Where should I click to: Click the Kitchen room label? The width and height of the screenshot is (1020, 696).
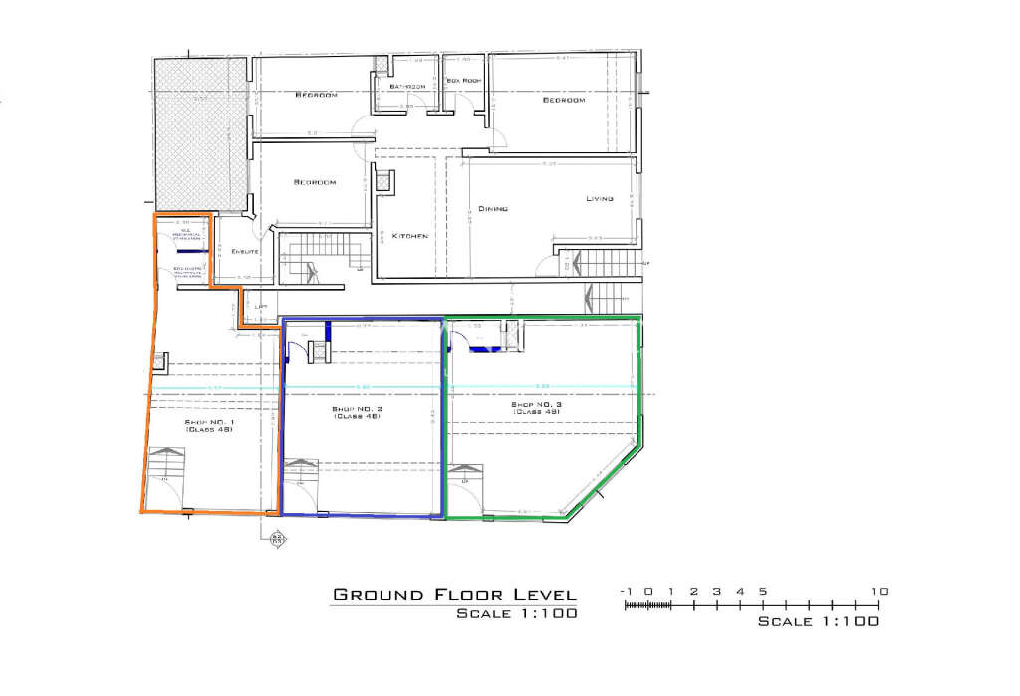point(409,236)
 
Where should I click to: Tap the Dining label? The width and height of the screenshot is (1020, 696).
point(493,209)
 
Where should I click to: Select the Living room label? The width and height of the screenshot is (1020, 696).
point(599,199)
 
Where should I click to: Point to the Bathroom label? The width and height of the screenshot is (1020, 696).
point(407,87)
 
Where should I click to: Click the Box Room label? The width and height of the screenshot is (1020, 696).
point(464,80)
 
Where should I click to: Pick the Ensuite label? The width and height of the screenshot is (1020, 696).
point(245,251)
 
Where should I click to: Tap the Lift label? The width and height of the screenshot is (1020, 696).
point(261,306)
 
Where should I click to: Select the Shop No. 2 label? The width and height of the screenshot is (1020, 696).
point(357,412)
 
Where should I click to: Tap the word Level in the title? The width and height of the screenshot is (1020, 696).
point(538,595)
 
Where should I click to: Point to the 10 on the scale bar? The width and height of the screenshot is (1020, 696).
point(879,591)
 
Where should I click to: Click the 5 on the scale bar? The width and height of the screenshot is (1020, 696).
point(762,591)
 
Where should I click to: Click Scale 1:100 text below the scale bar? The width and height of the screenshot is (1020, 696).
point(818,621)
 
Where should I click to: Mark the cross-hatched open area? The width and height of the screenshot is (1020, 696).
point(200,133)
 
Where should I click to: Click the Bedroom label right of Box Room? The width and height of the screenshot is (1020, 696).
point(563,100)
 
